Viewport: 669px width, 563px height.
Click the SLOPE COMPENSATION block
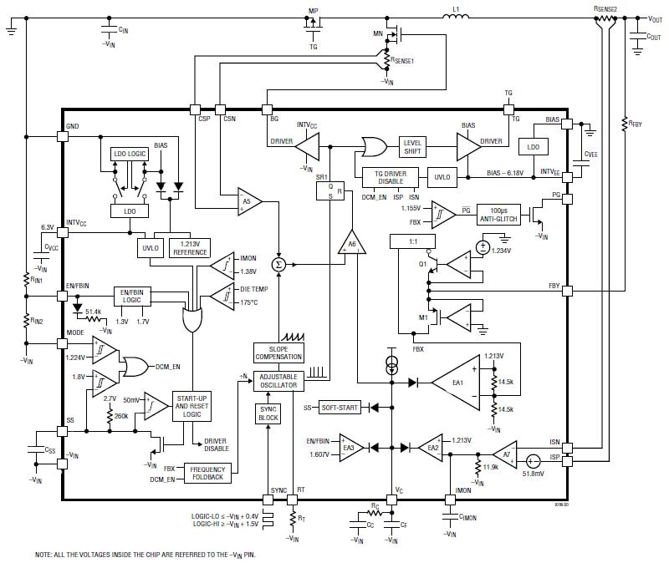pos(278,353)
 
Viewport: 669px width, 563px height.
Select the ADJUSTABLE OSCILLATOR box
pos(278,381)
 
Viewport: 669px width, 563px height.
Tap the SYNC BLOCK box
pos(268,413)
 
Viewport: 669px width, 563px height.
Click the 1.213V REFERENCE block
pos(189,248)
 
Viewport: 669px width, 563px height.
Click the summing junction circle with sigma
pos(278,264)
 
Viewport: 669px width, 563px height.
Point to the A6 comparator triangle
pos(352,243)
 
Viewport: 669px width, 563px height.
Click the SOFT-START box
pos(339,407)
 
